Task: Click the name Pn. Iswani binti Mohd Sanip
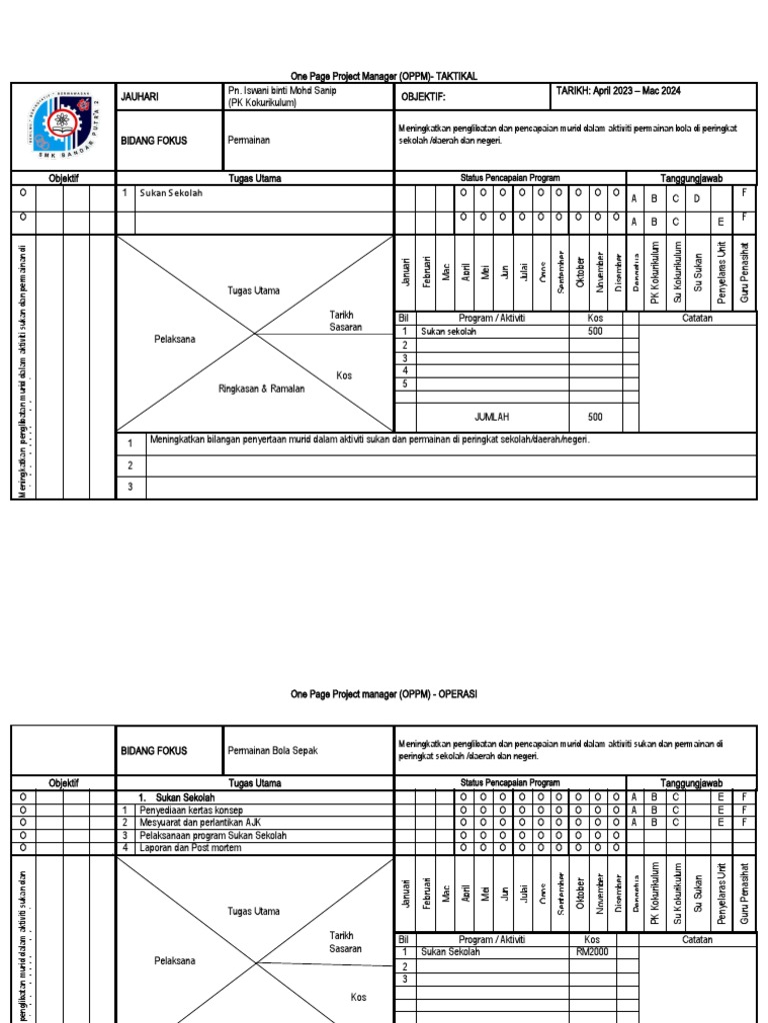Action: click(x=281, y=91)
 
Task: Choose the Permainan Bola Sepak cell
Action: click(x=273, y=750)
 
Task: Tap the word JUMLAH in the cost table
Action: click(x=494, y=417)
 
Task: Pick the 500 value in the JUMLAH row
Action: click(x=595, y=417)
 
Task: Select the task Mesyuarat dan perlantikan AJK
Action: click(x=207, y=822)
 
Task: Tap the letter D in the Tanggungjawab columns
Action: click(x=697, y=198)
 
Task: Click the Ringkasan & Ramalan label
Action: click(x=259, y=389)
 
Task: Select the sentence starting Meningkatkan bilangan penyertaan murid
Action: click(x=369, y=440)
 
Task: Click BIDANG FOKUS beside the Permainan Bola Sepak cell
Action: click(x=153, y=750)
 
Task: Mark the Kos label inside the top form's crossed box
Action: click(x=344, y=376)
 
